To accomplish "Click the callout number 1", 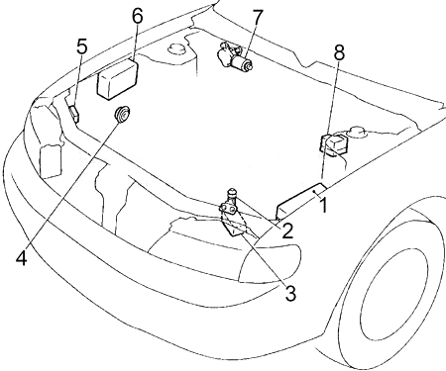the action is coord(324,205).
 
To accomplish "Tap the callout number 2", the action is coord(287,231).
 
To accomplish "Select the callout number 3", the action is coord(290,294).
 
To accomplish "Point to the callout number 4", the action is coord(22,257).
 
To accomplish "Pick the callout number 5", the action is coord(82,46).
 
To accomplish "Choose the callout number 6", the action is coord(138,16).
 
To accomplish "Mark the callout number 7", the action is coord(258,18).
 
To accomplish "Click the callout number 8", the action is coord(339,52).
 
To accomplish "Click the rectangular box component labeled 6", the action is coord(118,79).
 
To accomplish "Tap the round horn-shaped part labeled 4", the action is coord(123,115).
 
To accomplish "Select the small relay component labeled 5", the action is coord(74,114).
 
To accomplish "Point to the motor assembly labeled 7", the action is coord(235,56).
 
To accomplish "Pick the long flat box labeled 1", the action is coord(301,201).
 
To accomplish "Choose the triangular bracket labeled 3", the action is coord(238,225).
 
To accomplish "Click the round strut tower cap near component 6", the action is coord(177,48).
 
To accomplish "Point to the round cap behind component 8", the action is coord(357,132).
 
